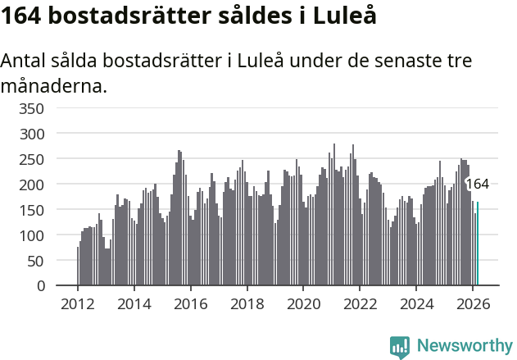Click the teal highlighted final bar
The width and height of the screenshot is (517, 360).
pos(478,244)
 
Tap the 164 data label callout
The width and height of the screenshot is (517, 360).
pos(477,185)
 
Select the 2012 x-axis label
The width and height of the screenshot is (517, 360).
pos(78,303)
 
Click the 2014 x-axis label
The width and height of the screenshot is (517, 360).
pos(134,303)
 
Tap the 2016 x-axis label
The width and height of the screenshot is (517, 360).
pos(190,303)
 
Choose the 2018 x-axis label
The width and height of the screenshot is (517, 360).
pos(247,303)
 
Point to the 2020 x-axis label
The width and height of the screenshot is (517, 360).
pos(303,303)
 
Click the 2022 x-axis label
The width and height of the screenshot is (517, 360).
pos(360,303)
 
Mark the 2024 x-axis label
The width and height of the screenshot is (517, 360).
pos(416,303)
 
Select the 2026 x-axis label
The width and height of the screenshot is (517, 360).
pos(473,303)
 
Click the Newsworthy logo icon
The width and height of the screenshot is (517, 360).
pos(400,347)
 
